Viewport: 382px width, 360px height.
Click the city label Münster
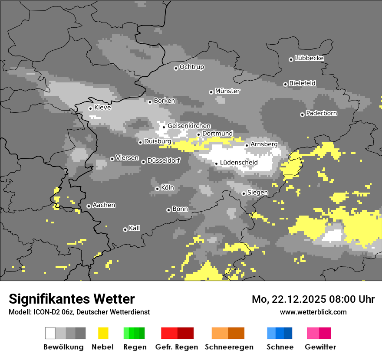(227, 91)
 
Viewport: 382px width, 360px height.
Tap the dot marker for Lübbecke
(291, 59)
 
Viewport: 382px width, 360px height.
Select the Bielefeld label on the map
(303, 83)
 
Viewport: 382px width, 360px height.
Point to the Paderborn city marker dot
(302, 115)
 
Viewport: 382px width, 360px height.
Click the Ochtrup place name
(192, 67)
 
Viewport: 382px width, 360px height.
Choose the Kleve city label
(102, 108)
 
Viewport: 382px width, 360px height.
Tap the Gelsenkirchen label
(189, 126)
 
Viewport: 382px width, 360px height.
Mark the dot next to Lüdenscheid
(216, 164)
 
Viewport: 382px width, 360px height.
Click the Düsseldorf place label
(164, 160)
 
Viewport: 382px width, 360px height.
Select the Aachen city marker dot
(89, 206)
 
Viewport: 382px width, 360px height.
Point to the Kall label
(135, 228)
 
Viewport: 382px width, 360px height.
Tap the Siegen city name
(258, 192)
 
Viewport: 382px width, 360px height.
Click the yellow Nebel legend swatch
(103, 333)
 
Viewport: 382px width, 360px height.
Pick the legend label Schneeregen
(229, 347)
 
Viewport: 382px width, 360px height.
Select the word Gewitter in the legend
(320, 347)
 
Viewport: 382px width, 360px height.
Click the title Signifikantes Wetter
(72, 299)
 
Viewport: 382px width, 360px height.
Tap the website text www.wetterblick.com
(313, 312)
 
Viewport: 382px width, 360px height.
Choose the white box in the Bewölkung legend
(50, 333)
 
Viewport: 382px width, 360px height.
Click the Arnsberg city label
(264, 144)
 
